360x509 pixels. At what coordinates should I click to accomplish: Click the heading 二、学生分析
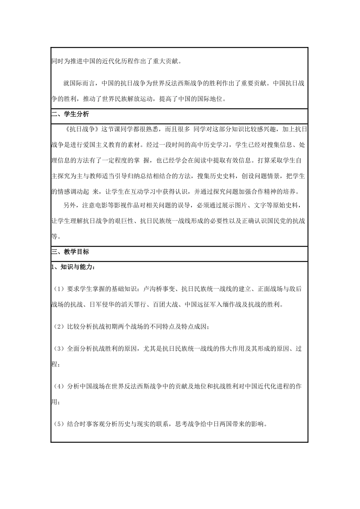point(70,114)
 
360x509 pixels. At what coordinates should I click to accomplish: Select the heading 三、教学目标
point(70,252)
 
